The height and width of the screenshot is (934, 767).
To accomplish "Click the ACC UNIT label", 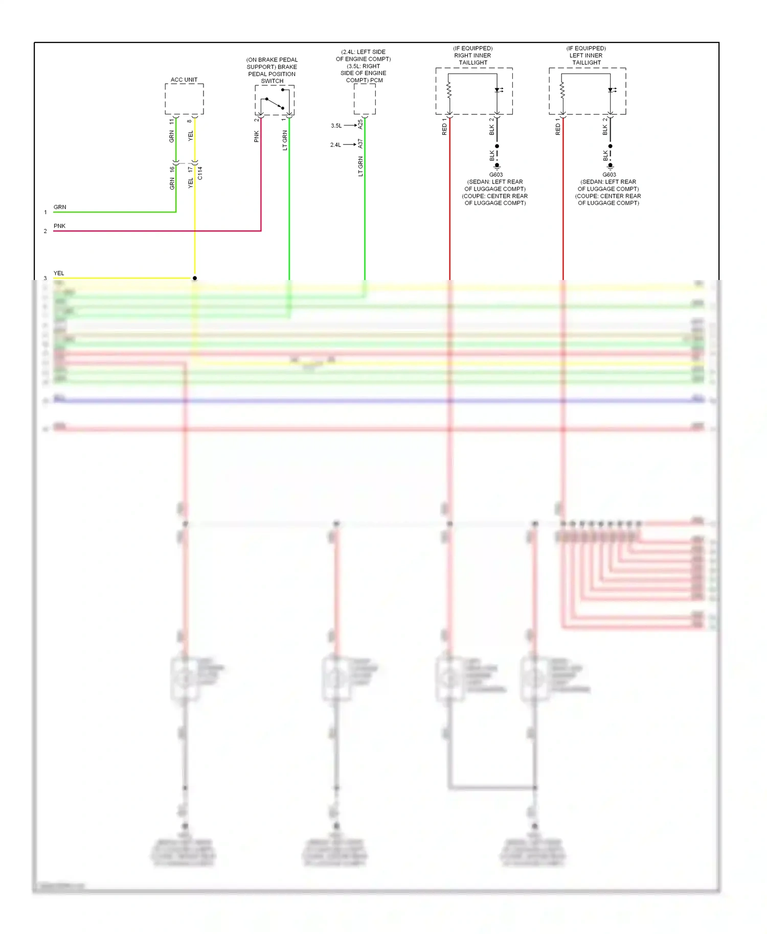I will [184, 80].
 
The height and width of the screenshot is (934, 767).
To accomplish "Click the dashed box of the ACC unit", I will [184, 99].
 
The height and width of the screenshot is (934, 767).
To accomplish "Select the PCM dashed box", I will [365, 99].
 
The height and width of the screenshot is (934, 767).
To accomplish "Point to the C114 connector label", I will [200, 173].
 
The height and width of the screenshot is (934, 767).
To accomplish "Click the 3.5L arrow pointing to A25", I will [350, 125].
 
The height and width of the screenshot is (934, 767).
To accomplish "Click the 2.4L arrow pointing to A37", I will [349, 145].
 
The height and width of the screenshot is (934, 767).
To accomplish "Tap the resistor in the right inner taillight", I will [449, 91].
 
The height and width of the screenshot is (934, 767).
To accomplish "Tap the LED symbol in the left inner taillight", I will [612, 90].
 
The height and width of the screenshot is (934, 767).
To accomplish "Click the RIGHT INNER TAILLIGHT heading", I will [473, 56].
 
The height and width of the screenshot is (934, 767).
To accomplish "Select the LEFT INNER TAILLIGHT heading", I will [586, 56].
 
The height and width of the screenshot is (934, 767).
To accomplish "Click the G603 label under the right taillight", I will [495, 175].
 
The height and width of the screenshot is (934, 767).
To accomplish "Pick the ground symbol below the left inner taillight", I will [610, 167].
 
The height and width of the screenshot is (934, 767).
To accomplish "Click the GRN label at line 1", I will [60, 207].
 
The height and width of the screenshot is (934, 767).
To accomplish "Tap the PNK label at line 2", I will [59, 226].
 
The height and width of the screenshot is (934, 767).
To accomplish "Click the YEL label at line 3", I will [59, 273].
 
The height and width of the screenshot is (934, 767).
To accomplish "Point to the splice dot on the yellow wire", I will [195, 278].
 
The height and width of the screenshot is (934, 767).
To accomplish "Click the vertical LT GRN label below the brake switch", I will [285, 140].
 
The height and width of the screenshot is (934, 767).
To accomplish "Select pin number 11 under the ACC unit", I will [172, 122].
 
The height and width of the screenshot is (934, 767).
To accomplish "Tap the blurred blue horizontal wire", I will [378, 401].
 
